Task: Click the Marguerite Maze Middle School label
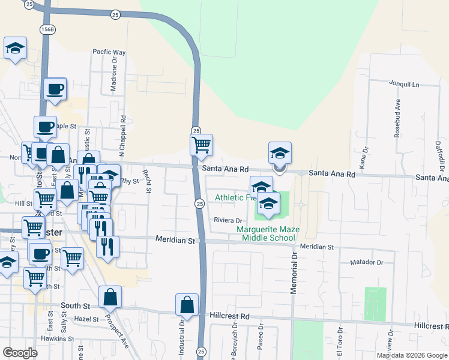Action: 266,233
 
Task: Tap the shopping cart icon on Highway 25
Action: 201,144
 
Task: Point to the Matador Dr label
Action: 367,262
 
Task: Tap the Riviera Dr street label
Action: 228,221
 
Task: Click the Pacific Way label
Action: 109,52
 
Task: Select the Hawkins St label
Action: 53,338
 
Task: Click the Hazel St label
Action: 86,319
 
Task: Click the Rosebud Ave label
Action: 397,122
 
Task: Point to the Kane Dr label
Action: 362,160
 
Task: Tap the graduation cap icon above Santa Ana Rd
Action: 280,153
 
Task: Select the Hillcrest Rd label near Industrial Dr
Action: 230,316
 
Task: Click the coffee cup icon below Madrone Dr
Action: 54,89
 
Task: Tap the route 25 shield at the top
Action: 115,14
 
